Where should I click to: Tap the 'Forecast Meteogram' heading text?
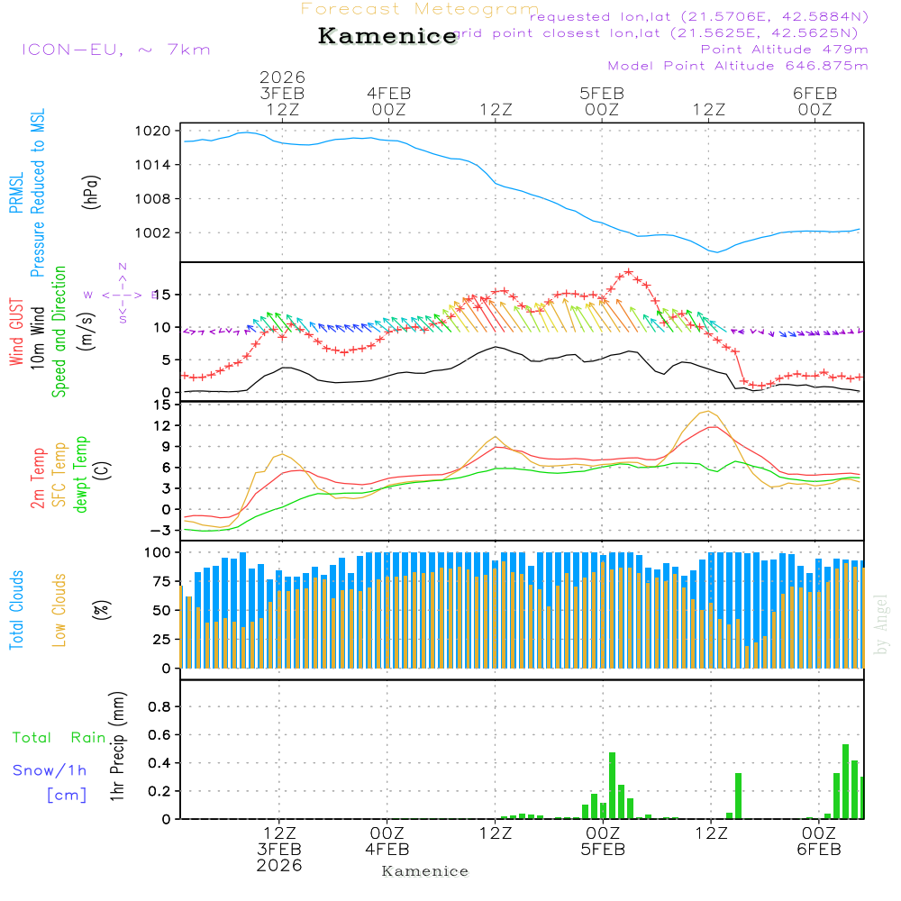pos(419,9)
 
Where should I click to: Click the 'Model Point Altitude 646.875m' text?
pos(738,66)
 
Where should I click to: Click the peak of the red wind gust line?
pos(629,271)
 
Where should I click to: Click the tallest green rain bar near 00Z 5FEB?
pos(612,784)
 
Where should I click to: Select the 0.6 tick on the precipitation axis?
pos(159,735)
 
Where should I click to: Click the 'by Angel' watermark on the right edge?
pos(881,623)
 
